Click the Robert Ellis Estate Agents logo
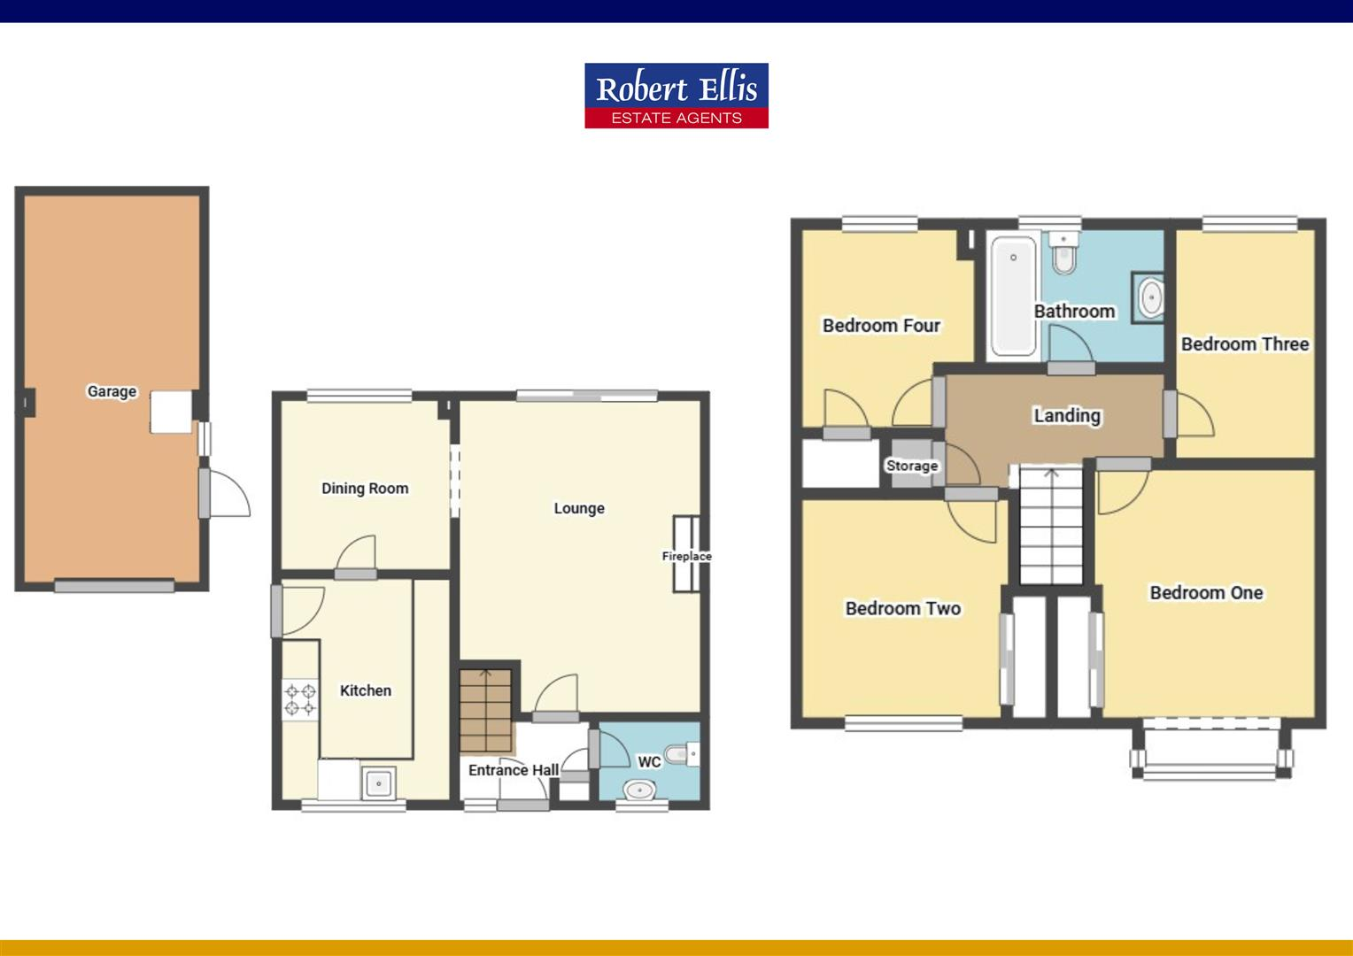(676, 96)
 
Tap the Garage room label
(112, 391)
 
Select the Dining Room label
(365, 488)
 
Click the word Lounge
(579, 508)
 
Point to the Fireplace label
(686, 556)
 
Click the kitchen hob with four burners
(300, 698)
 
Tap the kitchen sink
(380, 783)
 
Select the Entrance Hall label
(513, 770)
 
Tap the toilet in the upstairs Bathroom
(1063, 254)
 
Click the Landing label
(1067, 415)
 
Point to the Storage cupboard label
(912, 466)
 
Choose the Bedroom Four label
(881, 326)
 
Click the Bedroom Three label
(1244, 344)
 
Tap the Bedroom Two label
(902, 608)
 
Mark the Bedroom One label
(1206, 593)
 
